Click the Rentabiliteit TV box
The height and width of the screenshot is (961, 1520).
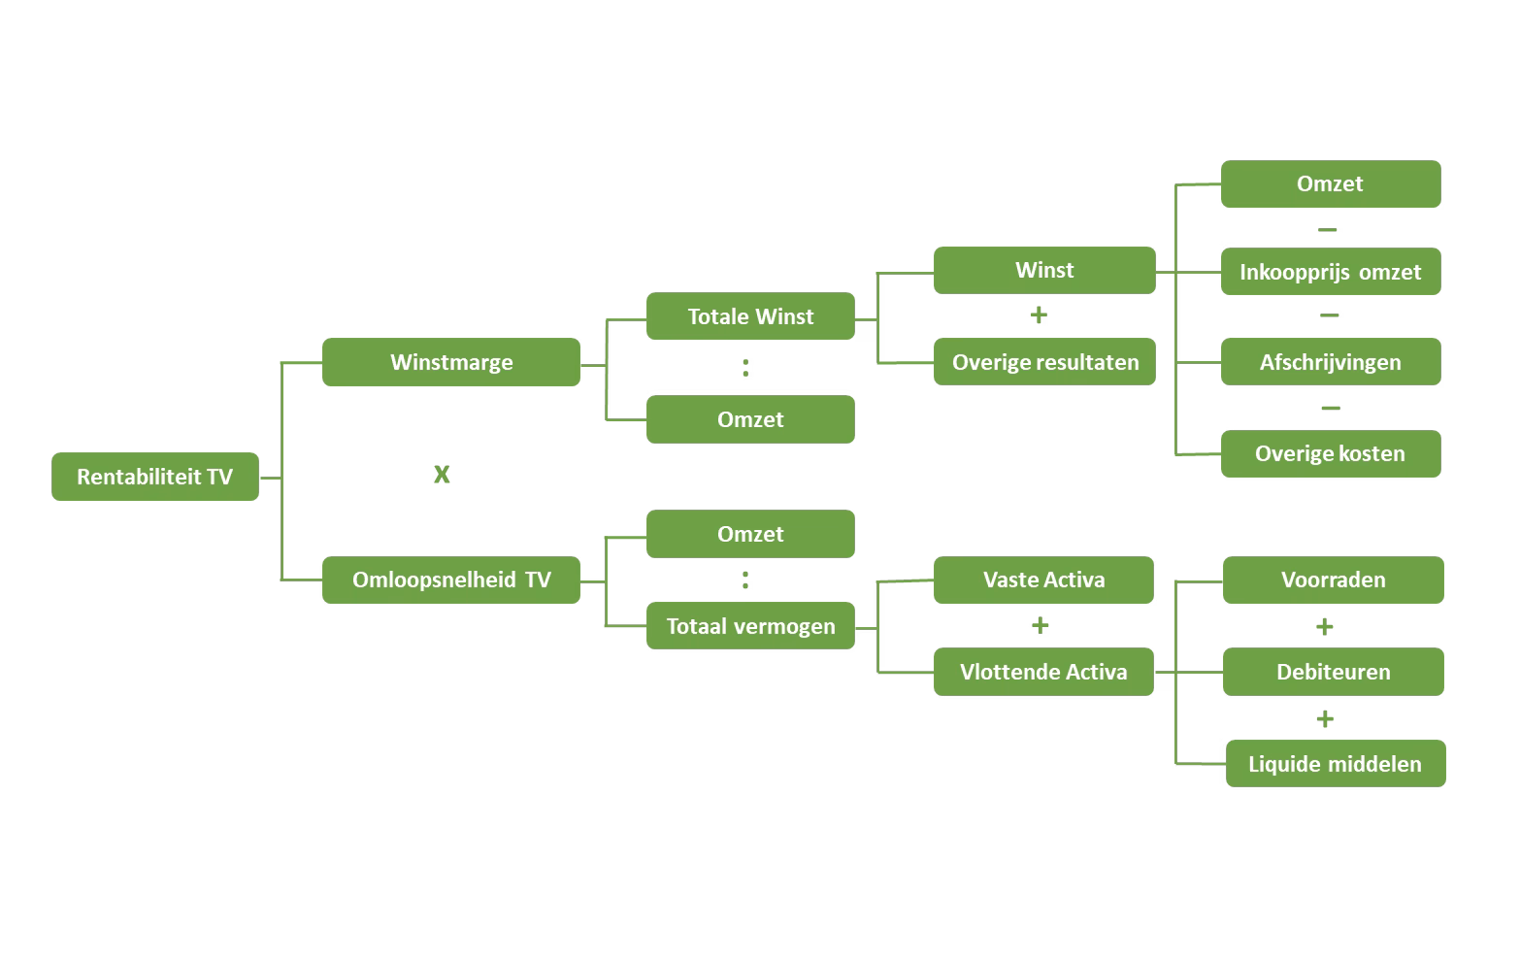coord(155,477)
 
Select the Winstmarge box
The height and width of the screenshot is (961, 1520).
coord(451,362)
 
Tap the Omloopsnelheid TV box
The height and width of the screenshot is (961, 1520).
coord(451,580)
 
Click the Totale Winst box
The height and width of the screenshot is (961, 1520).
coord(750,315)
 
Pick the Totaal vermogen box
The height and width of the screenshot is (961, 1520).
coord(750,626)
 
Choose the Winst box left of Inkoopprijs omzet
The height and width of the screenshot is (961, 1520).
coord(1044,270)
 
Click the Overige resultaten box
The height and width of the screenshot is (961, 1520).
coord(1044,362)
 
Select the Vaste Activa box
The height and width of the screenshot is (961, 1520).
coord(1043,580)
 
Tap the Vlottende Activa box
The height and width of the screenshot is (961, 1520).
coord(1043,672)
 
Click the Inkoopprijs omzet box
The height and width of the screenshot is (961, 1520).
coord(1330,272)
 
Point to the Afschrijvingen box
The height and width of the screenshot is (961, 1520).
coord(1330,362)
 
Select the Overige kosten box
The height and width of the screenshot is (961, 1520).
coord(1330,453)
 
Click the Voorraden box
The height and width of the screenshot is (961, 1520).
coord(1333,580)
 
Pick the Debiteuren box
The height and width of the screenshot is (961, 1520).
coord(1333,672)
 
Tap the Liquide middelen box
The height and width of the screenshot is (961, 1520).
coord(1335,764)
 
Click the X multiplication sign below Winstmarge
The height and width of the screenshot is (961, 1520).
coord(442,475)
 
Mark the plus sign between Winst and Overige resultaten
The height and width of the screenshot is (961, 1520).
coord(1039,315)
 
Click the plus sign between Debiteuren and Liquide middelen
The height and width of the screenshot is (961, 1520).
coord(1325,719)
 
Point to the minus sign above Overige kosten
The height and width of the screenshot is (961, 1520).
coord(1331,409)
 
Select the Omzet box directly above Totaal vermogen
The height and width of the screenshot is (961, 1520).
coord(750,534)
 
